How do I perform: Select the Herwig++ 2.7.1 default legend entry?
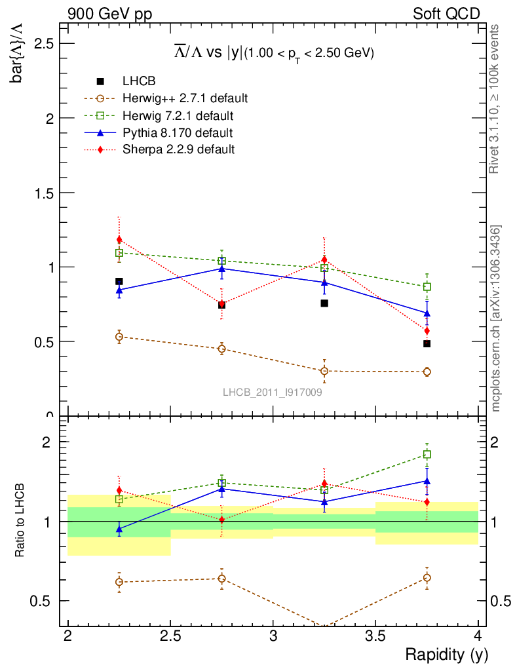point(185,99)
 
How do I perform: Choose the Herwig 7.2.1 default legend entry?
point(178,116)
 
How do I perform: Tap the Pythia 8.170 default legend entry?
point(178,133)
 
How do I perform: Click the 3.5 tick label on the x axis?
point(375,636)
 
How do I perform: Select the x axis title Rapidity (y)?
point(446,655)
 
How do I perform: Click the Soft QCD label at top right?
point(446,13)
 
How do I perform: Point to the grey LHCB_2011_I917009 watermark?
point(272,392)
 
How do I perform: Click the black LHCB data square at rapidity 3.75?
point(427,343)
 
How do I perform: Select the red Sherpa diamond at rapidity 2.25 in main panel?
point(119,240)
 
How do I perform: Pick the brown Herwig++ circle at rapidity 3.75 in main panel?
point(427,372)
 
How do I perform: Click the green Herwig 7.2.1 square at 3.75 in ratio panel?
point(427,454)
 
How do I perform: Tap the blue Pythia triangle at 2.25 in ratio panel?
point(119,528)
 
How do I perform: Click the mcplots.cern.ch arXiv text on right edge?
point(497,318)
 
